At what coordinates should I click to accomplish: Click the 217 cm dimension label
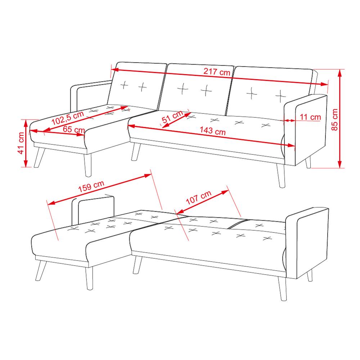point(217,72)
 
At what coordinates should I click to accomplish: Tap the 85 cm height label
point(335,120)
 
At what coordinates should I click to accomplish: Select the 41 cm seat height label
point(21,143)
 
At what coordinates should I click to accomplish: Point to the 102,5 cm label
point(68,118)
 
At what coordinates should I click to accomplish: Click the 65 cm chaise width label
point(74,130)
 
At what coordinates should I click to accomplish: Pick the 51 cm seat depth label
point(172,116)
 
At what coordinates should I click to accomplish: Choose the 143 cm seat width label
point(213,131)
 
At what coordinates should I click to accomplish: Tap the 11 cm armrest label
point(310,117)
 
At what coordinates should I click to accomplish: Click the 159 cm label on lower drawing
point(91,186)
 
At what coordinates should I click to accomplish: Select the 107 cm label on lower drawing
point(199,197)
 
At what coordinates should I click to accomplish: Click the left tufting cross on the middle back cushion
point(183,89)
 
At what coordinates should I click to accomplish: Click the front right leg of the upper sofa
point(281,175)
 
